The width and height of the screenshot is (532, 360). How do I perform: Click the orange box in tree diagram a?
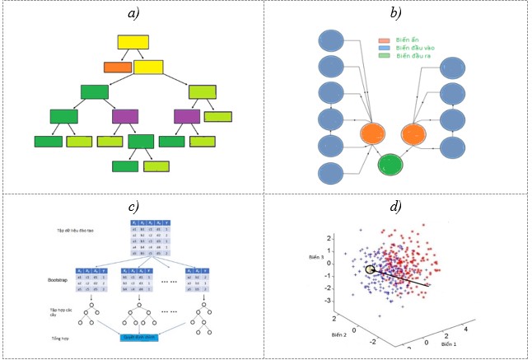pos(118,67)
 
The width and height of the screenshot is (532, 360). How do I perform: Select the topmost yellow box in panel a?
pos(133,42)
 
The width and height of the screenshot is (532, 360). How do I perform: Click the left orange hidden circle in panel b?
pos(374,133)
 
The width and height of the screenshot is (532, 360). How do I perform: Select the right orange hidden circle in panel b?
pos(415,133)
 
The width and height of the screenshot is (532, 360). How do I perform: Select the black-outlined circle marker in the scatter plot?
pos(371,269)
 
